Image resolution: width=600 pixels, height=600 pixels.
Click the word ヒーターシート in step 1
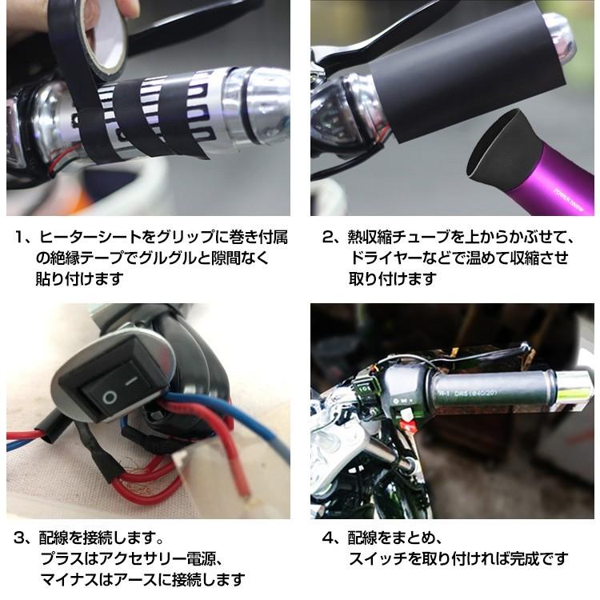(x=88, y=238)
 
